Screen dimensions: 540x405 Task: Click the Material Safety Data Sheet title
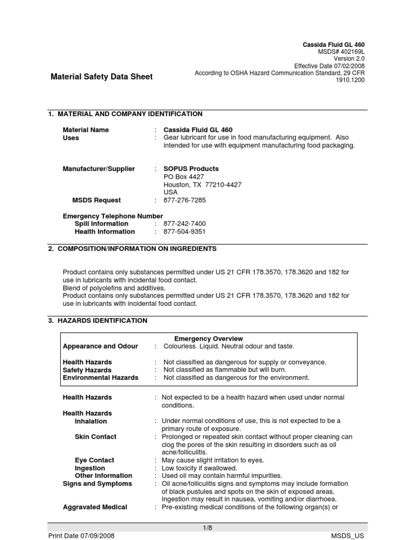pyautogui.click(x=101, y=76)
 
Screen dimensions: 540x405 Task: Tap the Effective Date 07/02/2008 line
pyautogui.click(x=329, y=66)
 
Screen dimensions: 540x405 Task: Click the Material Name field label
pyautogui.click(x=86, y=130)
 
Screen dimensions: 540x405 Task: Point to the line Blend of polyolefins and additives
pyautogui.click(x=114, y=288)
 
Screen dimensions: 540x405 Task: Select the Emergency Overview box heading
pyautogui.click(x=208, y=339)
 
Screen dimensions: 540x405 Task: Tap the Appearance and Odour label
pyautogui.click(x=100, y=346)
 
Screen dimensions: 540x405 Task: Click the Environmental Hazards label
pyautogui.click(x=100, y=378)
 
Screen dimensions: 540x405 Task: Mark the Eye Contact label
pyautogui.click(x=94, y=460)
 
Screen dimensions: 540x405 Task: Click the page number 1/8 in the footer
pyautogui.click(x=207, y=527)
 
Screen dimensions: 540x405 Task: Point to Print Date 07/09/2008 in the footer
pyautogui.click(x=81, y=536)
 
